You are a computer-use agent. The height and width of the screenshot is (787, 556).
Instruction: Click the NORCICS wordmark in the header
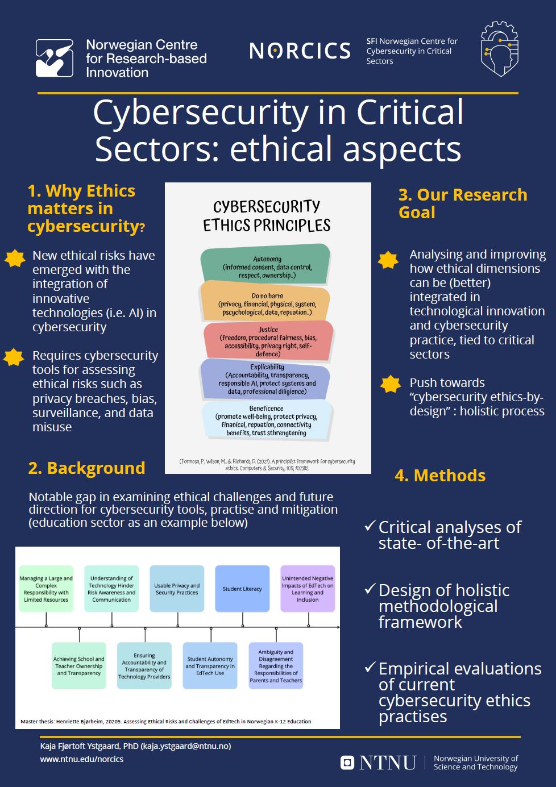coord(300,51)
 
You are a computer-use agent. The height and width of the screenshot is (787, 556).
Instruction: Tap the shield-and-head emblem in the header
coord(499,49)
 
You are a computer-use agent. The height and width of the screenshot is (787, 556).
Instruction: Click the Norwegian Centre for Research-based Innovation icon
coord(55,58)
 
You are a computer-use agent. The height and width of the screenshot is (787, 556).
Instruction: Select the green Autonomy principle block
coord(265,266)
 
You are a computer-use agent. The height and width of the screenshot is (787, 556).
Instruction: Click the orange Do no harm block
coord(265,303)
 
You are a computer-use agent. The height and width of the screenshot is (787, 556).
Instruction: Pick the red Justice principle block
coord(268,341)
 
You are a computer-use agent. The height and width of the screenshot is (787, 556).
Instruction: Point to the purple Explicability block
coord(265,379)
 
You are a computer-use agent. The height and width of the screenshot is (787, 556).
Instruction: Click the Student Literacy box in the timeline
coord(242,589)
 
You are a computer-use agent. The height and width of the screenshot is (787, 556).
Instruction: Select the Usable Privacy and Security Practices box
coord(177,589)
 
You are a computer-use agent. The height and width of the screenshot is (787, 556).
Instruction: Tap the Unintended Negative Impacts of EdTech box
coord(308,589)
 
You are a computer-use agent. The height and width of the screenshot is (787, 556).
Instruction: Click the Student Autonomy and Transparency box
coord(210,666)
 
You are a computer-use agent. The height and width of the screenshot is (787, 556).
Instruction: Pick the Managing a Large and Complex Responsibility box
coord(46,589)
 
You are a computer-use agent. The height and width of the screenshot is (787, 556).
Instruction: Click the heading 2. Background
coord(86,468)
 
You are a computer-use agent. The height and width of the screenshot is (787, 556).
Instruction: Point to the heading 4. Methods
coord(440,476)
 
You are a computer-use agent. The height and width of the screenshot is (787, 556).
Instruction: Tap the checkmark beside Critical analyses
coord(370,526)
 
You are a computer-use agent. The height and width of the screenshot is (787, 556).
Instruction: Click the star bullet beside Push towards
coord(391,385)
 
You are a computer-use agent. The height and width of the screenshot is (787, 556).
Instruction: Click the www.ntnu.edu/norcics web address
coord(82,759)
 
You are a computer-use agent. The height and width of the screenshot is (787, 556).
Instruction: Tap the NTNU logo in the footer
coord(379,763)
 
